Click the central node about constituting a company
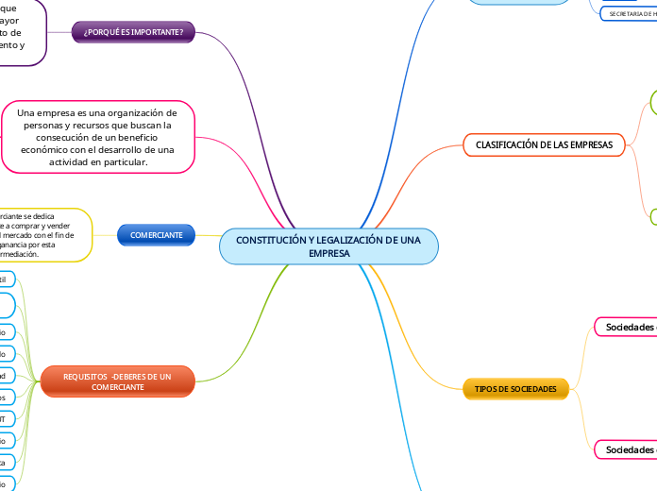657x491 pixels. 328,247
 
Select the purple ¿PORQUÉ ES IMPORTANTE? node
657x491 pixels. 134,33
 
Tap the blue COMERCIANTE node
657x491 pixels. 156,234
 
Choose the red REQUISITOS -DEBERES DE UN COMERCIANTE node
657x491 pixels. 117,381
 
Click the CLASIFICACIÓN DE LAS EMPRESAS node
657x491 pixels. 544,144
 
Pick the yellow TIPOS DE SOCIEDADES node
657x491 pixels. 516,389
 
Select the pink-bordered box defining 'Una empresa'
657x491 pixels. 98,138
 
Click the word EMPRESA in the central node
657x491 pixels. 329,255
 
